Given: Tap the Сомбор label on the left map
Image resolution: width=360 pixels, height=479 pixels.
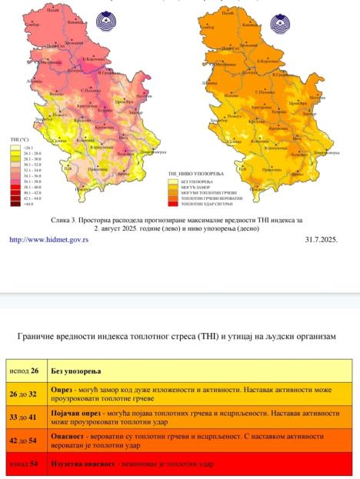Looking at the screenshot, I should tap(33, 25).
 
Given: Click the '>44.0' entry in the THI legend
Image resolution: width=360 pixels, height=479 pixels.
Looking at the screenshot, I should tap(17, 206).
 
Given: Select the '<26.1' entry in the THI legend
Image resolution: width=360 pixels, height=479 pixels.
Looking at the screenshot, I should tap(17, 146).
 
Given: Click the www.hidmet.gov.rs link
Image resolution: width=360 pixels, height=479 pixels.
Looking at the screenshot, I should tap(48, 239).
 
